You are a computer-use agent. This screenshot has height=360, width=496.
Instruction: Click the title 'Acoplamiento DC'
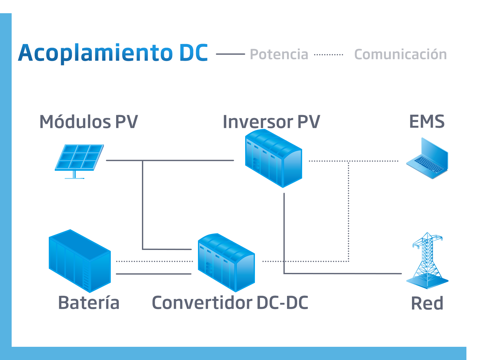pos(113,53)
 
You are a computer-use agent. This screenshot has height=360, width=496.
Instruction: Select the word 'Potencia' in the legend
pos(279,54)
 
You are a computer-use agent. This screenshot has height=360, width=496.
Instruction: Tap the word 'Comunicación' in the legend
pos(401,54)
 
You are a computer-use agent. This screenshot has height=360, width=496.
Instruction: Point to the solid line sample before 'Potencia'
pos(230,54)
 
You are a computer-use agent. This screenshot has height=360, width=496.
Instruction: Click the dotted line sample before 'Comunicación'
pos(329,54)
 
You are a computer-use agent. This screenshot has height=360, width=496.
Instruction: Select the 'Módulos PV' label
pos(89,121)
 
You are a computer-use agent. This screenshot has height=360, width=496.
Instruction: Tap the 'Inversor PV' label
pos(271,121)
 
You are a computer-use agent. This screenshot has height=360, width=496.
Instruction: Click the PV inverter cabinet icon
pos(273,158)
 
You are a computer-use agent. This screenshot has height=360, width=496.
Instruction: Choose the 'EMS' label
pos(427,121)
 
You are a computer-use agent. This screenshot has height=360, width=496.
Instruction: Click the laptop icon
pos(427,158)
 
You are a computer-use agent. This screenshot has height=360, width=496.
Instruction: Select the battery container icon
pos(80,261)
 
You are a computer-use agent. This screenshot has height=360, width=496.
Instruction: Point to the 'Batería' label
pos(89,302)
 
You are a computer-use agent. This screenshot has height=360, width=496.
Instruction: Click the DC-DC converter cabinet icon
pos(226,263)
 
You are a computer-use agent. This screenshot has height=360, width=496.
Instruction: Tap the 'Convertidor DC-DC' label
pos(230,302)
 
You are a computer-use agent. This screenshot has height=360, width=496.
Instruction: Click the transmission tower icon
pos(427,260)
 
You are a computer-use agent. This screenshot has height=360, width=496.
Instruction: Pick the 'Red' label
pos(427,303)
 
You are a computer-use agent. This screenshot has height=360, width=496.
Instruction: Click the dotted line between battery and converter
pos(155,261)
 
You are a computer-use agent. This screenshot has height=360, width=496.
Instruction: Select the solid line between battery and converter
pos(154,274)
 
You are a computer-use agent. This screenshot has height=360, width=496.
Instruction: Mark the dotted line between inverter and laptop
pos(354,161)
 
